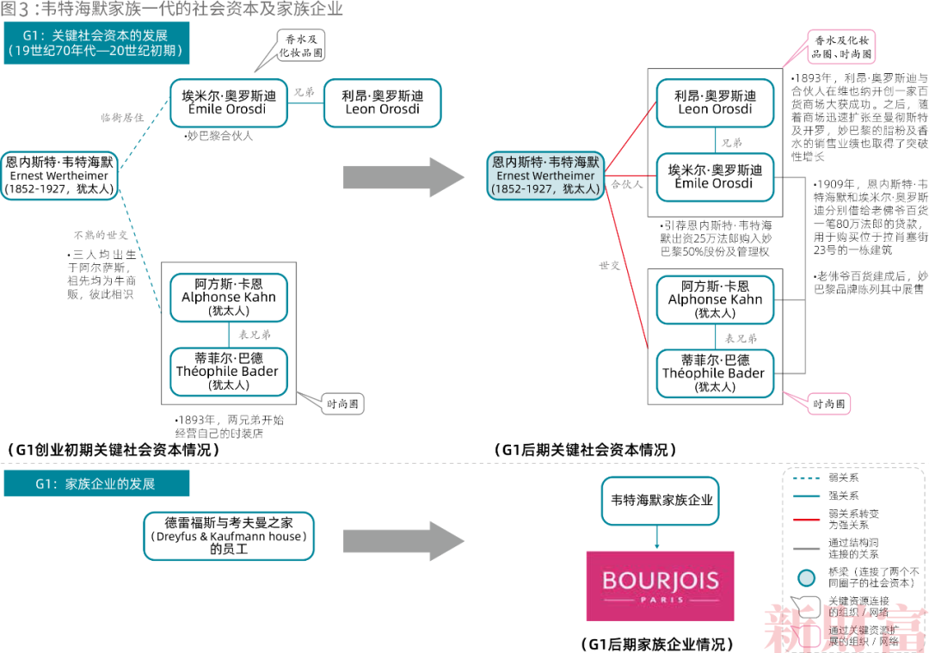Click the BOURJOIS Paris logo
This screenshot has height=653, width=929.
pos(660,586)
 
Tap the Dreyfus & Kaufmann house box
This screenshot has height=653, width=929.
pos(228,536)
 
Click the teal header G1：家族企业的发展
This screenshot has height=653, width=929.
pos(95,484)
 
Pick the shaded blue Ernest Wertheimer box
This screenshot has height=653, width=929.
pos(545,176)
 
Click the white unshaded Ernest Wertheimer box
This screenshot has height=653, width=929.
pos(58,176)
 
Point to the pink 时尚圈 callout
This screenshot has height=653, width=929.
pos(829,403)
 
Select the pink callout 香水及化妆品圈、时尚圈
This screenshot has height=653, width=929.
pos(840,46)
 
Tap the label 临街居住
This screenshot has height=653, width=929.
pos(122,118)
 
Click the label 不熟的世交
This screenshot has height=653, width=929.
pos(101,235)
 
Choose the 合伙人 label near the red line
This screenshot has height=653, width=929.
pos(627,185)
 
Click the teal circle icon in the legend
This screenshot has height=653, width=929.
pos(805,577)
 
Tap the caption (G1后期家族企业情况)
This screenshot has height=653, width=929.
pos(658,644)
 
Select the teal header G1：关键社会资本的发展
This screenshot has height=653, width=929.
pos(95,43)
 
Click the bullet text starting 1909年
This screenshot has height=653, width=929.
pos(869,217)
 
